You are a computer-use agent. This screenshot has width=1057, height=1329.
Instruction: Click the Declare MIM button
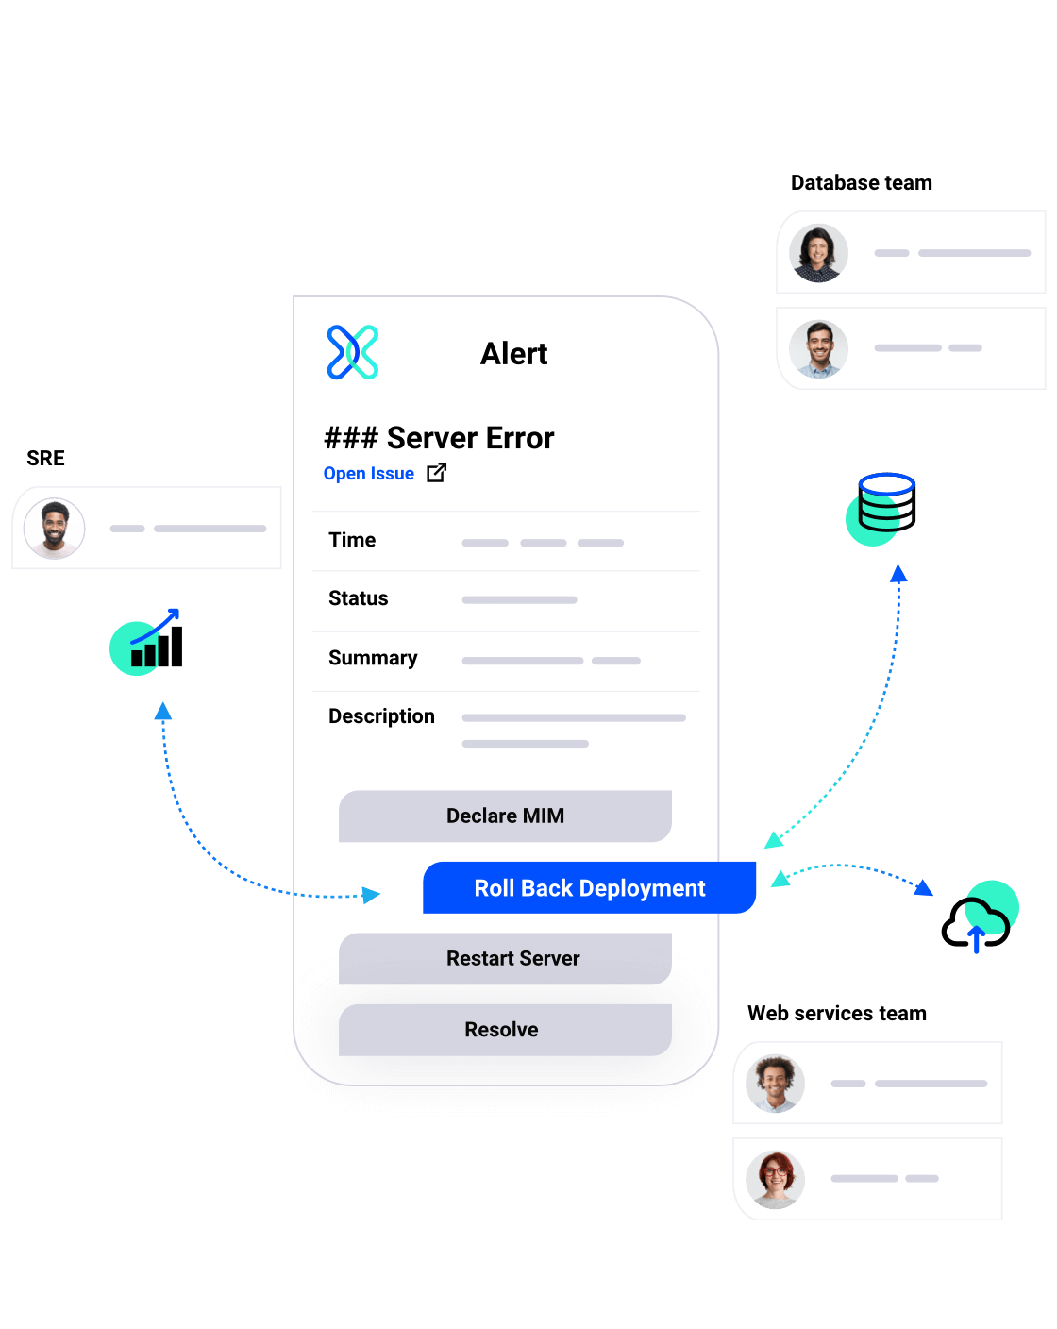click(505, 816)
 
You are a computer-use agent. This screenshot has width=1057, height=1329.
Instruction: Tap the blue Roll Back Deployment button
click(589, 888)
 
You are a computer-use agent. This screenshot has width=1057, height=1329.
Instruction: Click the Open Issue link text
click(369, 474)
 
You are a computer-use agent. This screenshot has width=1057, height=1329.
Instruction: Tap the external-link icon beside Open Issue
click(436, 473)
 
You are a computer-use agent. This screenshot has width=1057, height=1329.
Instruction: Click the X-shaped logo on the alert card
click(353, 352)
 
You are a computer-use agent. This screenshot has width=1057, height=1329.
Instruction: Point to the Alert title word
click(513, 354)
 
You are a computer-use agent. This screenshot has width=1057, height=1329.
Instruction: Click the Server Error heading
click(440, 438)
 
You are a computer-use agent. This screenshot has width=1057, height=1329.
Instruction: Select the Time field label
click(352, 540)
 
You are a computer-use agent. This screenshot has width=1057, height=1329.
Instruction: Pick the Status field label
click(359, 598)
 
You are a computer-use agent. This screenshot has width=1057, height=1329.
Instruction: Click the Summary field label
click(373, 658)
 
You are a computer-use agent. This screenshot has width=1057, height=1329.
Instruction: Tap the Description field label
click(381, 716)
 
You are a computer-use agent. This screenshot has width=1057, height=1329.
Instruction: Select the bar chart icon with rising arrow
click(143, 644)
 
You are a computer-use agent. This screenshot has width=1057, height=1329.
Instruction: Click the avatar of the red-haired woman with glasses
click(775, 1180)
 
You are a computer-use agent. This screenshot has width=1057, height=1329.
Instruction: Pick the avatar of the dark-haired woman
click(818, 253)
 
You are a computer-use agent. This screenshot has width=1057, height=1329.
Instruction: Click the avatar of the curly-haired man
click(775, 1084)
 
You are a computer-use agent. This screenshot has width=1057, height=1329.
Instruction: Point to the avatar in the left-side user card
click(55, 529)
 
